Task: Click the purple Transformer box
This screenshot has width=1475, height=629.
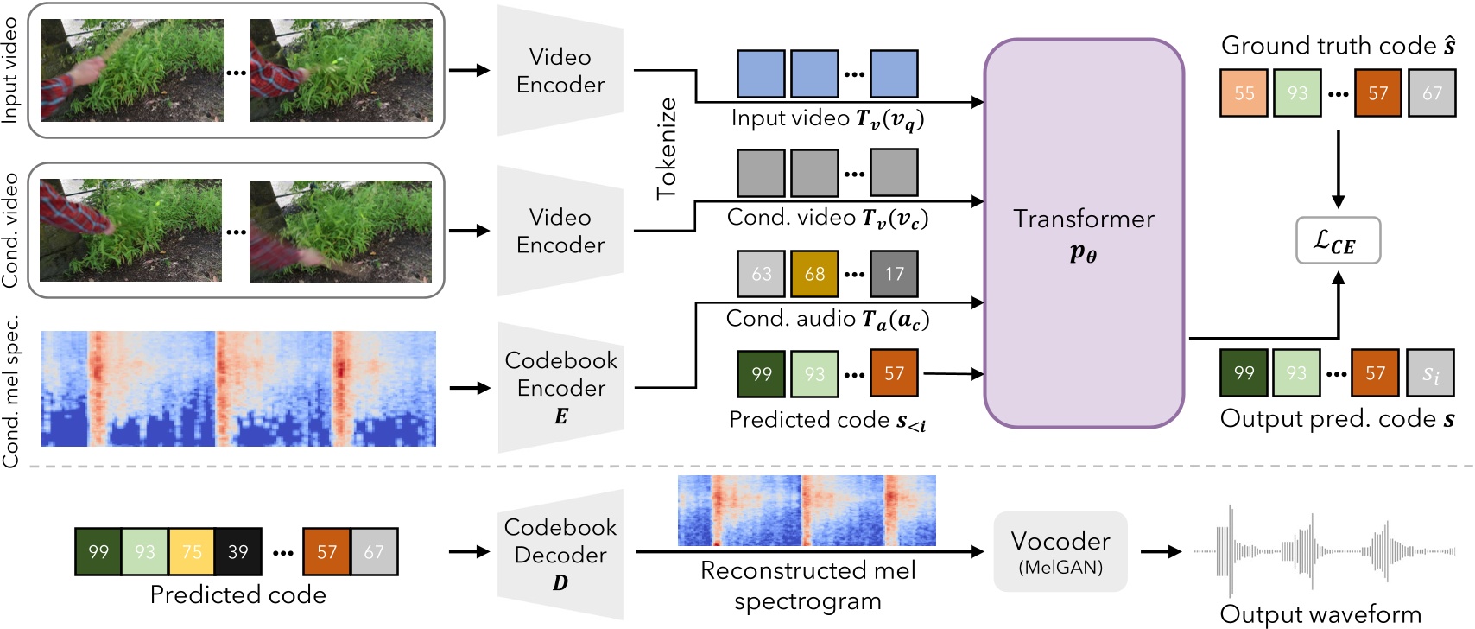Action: (x=1083, y=233)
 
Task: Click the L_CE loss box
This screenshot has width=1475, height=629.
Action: (x=1338, y=240)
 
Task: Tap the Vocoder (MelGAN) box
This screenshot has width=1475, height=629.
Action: (x=1060, y=551)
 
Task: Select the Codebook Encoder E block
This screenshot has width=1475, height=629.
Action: (x=560, y=387)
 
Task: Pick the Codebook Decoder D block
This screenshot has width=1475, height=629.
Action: (x=560, y=554)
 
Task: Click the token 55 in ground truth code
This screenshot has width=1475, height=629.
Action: (x=1244, y=93)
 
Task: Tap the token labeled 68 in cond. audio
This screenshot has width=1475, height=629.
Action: (x=814, y=274)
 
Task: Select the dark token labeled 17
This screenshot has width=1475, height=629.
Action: (x=894, y=274)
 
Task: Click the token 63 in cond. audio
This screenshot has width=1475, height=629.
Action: (x=761, y=274)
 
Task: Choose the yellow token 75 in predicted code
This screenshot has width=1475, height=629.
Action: (x=192, y=552)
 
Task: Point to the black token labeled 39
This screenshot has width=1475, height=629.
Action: (x=238, y=552)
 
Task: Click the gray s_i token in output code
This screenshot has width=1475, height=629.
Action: (x=1430, y=373)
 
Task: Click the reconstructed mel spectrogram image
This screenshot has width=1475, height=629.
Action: (x=807, y=511)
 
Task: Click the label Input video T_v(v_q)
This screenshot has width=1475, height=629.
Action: (x=827, y=119)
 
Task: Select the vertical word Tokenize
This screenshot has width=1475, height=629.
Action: (x=667, y=149)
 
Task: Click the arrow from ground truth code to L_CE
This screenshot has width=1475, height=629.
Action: (x=1338, y=169)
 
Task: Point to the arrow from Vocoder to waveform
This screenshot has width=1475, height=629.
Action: (x=1161, y=551)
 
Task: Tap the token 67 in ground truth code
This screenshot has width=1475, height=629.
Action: (x=1432, y=93)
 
